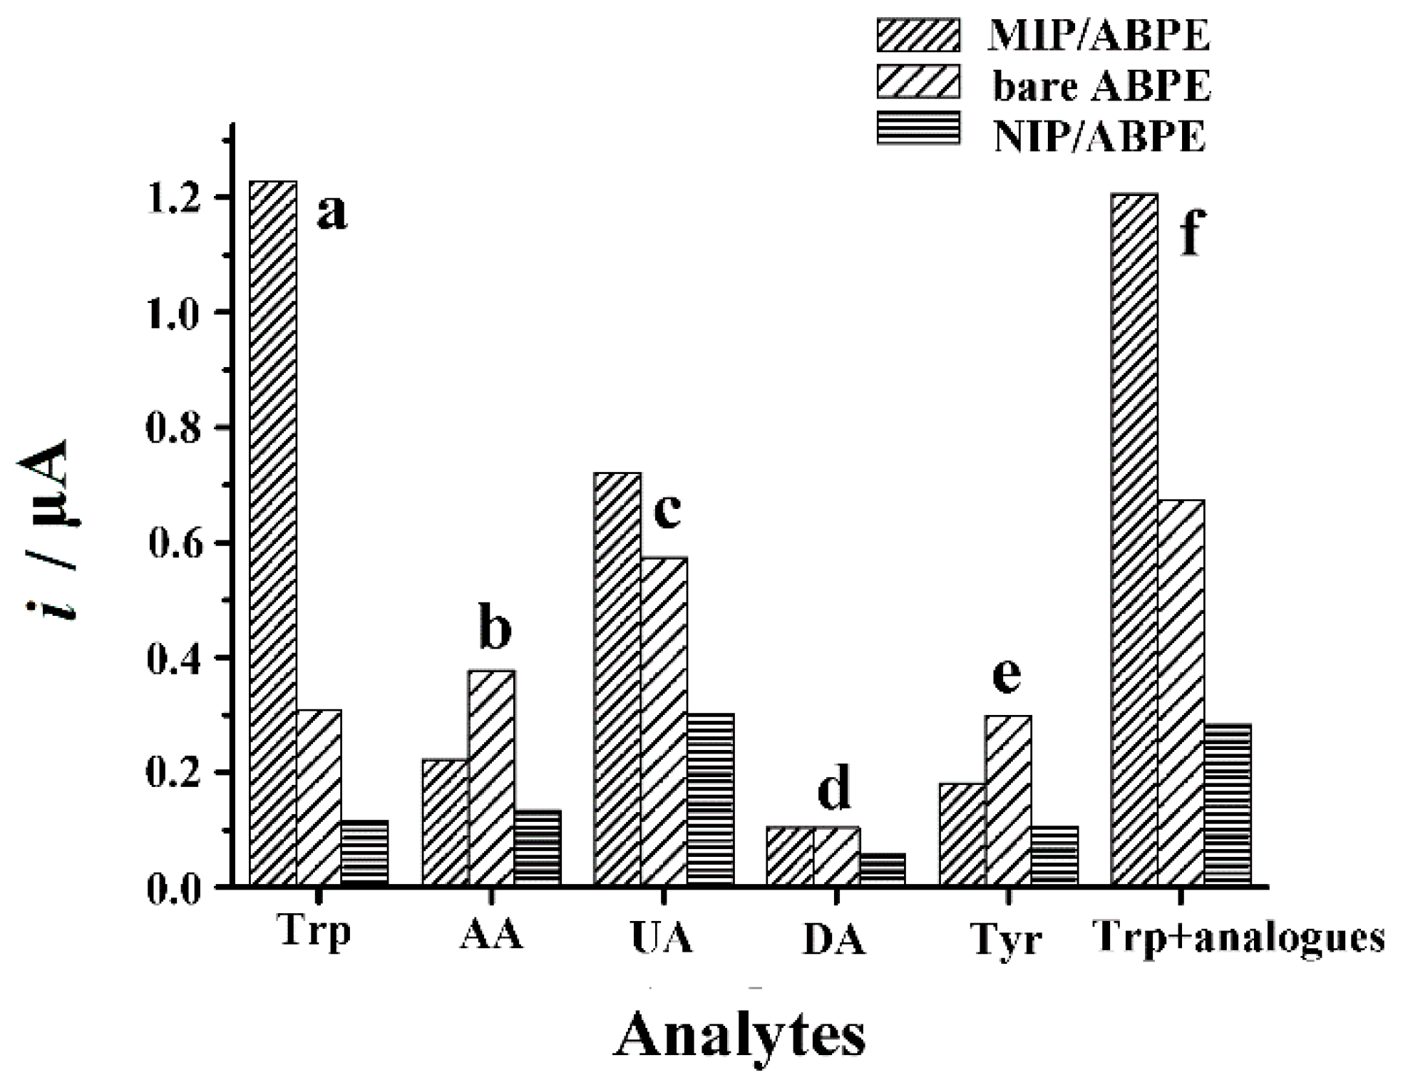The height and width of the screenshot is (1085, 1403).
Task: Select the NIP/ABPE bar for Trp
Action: [364, 853]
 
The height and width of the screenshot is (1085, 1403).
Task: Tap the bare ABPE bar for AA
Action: [491, 778]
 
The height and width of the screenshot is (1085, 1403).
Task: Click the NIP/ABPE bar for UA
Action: [710, 799]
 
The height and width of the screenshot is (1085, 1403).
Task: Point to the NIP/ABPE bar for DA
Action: [883, 869]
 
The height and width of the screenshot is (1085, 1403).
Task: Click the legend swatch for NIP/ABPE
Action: [918, 128]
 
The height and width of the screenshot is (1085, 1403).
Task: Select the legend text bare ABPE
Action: [1101, 86]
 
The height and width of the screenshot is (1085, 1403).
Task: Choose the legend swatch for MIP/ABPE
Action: [918, 34]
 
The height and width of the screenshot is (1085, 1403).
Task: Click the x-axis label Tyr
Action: [1005, 939]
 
